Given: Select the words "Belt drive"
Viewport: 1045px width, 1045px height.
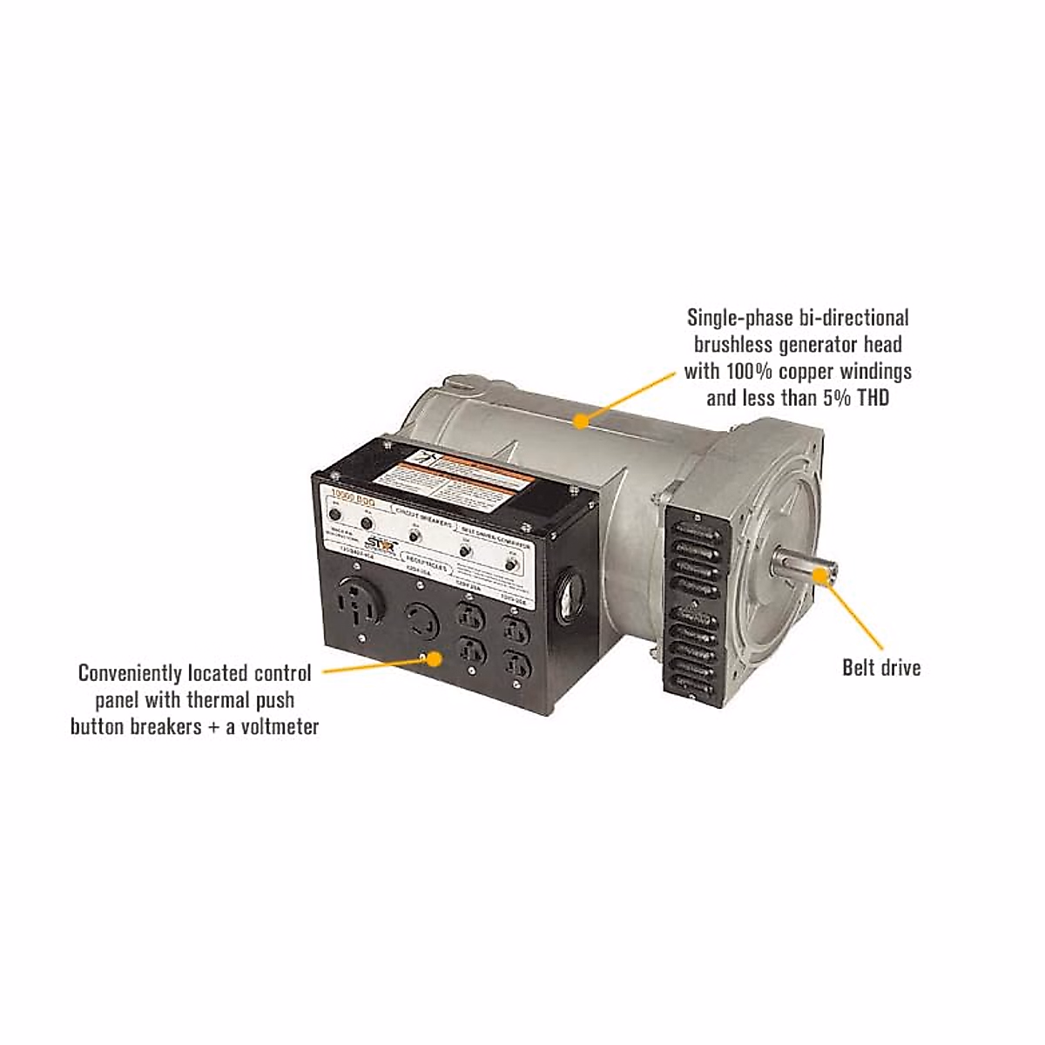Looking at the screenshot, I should click(x=880, y=668).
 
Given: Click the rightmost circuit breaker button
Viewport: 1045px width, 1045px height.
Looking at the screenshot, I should click(x=511, y=564).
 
